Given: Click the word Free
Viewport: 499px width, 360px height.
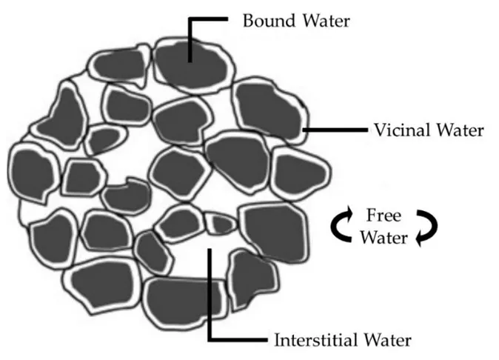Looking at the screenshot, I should coord(384,216).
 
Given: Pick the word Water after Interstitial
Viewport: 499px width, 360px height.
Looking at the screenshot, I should coord(385,341).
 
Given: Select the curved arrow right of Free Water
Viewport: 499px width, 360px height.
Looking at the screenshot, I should coord(427,227).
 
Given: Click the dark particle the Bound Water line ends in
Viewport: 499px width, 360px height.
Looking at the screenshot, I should coord(191,64).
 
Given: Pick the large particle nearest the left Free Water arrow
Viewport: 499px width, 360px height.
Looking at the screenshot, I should coord(273,231).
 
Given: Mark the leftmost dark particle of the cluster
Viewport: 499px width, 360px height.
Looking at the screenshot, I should coord(32,173).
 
